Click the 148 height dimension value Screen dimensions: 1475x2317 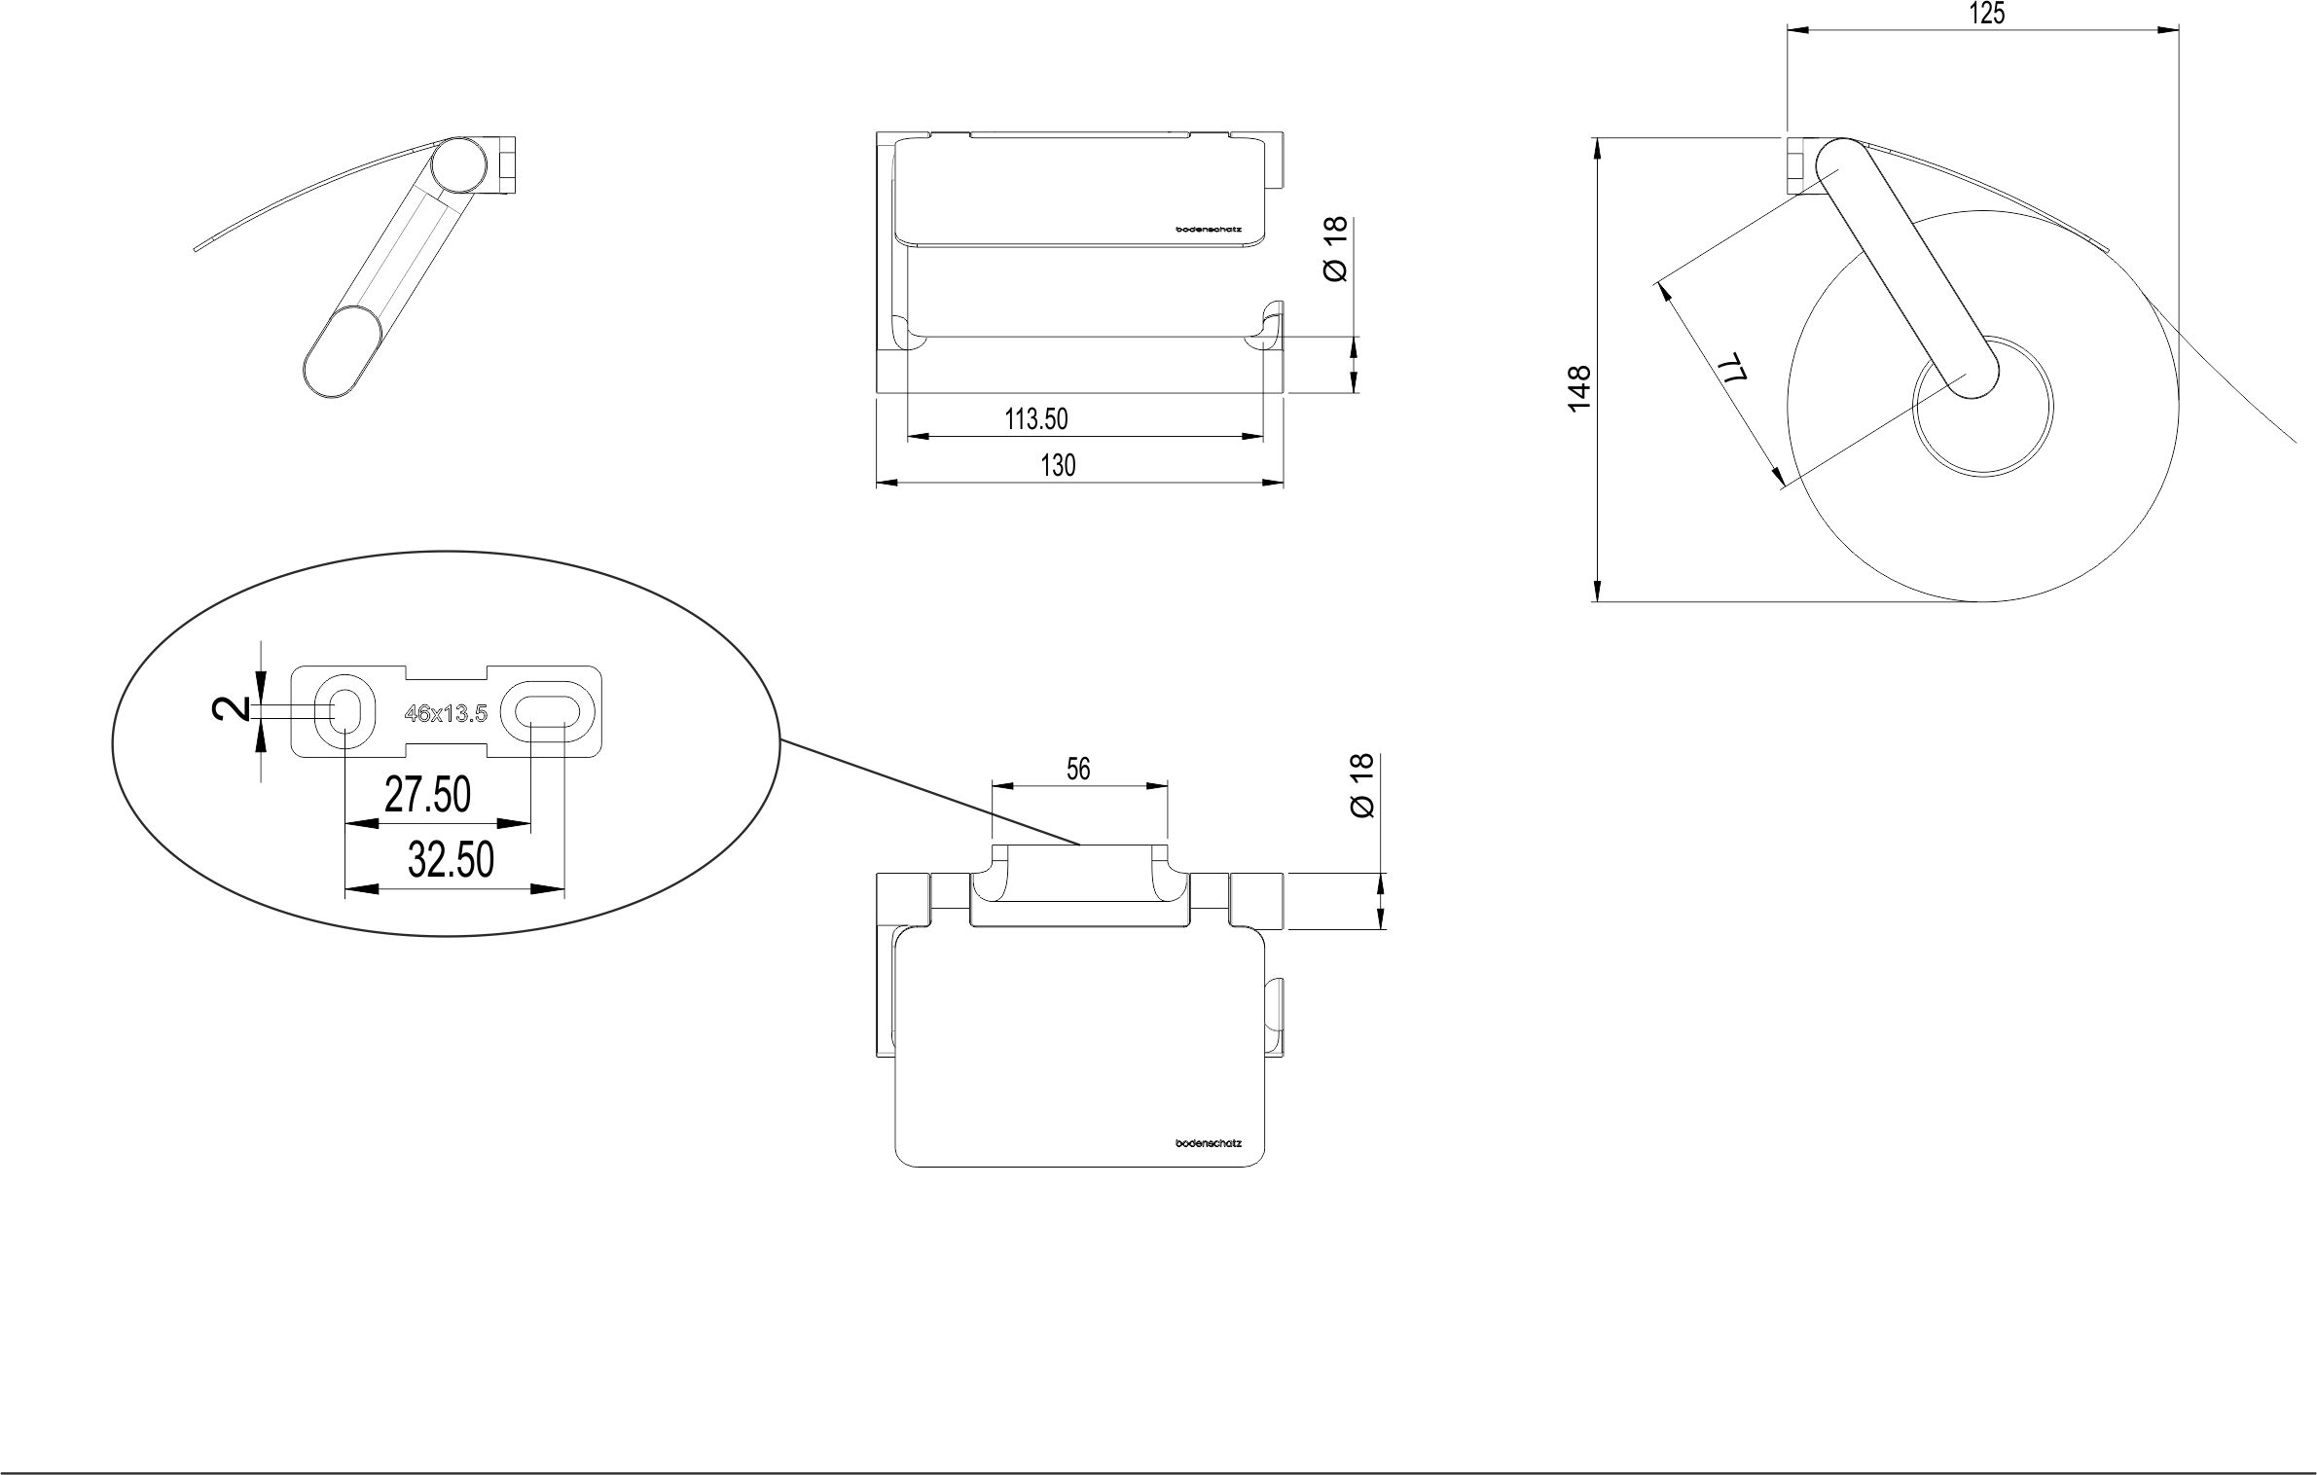(1579, 386)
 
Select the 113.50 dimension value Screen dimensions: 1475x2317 (1035, 419)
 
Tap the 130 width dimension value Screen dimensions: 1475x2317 (1058, 466)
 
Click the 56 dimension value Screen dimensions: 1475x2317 (1077, 770)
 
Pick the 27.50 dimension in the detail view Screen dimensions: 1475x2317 (427, 796)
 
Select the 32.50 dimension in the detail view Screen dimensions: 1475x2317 (451, 860)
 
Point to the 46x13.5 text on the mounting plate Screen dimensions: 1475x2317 (446, 713)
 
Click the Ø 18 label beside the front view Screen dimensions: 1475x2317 (1335, 249)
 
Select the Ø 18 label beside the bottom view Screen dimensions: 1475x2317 (1362, 785)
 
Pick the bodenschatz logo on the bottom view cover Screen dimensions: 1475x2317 (1209, 1143)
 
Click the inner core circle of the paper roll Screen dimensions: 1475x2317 (1982, 407)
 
